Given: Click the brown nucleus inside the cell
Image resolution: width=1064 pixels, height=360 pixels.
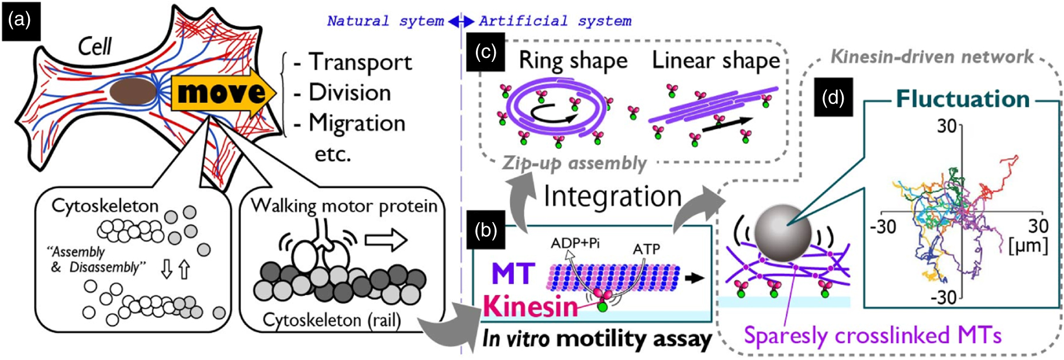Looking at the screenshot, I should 133,92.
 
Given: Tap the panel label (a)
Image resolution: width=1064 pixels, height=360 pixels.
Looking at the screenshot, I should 19,20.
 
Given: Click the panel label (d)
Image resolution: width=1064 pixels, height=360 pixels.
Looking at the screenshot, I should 833,97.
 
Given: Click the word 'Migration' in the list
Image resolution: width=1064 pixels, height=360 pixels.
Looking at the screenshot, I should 357,124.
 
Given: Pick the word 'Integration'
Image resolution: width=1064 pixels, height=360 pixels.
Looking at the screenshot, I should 613,196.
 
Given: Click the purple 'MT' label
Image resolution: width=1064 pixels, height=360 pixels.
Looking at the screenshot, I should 513,274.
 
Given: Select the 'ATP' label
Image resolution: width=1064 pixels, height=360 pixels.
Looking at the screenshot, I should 646,250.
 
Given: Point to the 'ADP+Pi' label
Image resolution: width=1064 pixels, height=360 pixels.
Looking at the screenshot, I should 575,243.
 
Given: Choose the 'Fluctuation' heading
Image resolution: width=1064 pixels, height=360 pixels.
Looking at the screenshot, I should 962,99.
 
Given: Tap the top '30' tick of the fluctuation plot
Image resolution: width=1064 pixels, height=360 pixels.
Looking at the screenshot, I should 946,126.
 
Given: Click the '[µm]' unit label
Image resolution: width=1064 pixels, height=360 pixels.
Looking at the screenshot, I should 1028,245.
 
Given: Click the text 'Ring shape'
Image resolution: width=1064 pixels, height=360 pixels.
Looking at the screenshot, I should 573,61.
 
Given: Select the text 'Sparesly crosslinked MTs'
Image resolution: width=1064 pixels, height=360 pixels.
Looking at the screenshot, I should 872,335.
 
